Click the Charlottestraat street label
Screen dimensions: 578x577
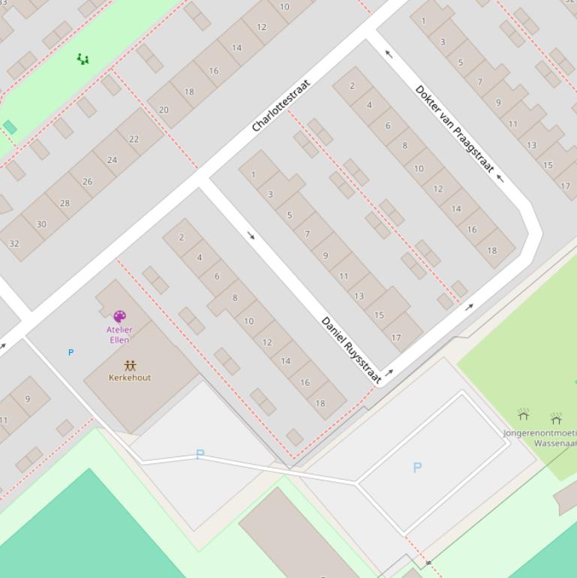point(281,105)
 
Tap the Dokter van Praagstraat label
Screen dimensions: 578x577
point(455,129)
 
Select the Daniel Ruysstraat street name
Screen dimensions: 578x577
point(351,350)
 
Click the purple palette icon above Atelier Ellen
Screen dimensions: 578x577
point(119,316)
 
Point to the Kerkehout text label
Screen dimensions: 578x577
point(130,378)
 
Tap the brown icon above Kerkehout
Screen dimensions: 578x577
point(130,366)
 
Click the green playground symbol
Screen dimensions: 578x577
point(83,59)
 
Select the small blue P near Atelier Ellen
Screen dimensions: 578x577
point(71,352)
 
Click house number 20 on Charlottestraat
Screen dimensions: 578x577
point(164,110)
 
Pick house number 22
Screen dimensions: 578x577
point(134,139)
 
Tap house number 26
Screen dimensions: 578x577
point(88,182)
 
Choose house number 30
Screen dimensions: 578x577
point(41,224)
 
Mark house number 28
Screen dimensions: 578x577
point(65,203)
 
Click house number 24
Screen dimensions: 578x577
point(112,160)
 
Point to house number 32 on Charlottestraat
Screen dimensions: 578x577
point(14,243)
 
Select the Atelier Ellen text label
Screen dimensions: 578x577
point(119,335)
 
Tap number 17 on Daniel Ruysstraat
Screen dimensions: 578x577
point(396,338)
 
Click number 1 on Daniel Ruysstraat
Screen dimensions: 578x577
point(254,175)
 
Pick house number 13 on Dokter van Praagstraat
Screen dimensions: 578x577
point(531,145)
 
